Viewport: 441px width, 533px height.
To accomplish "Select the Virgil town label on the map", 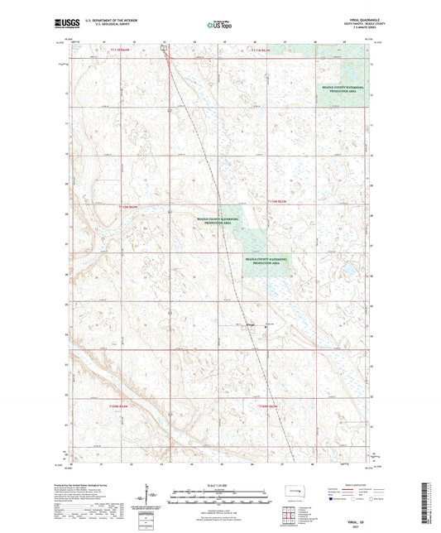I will click(x=252, y=324).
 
